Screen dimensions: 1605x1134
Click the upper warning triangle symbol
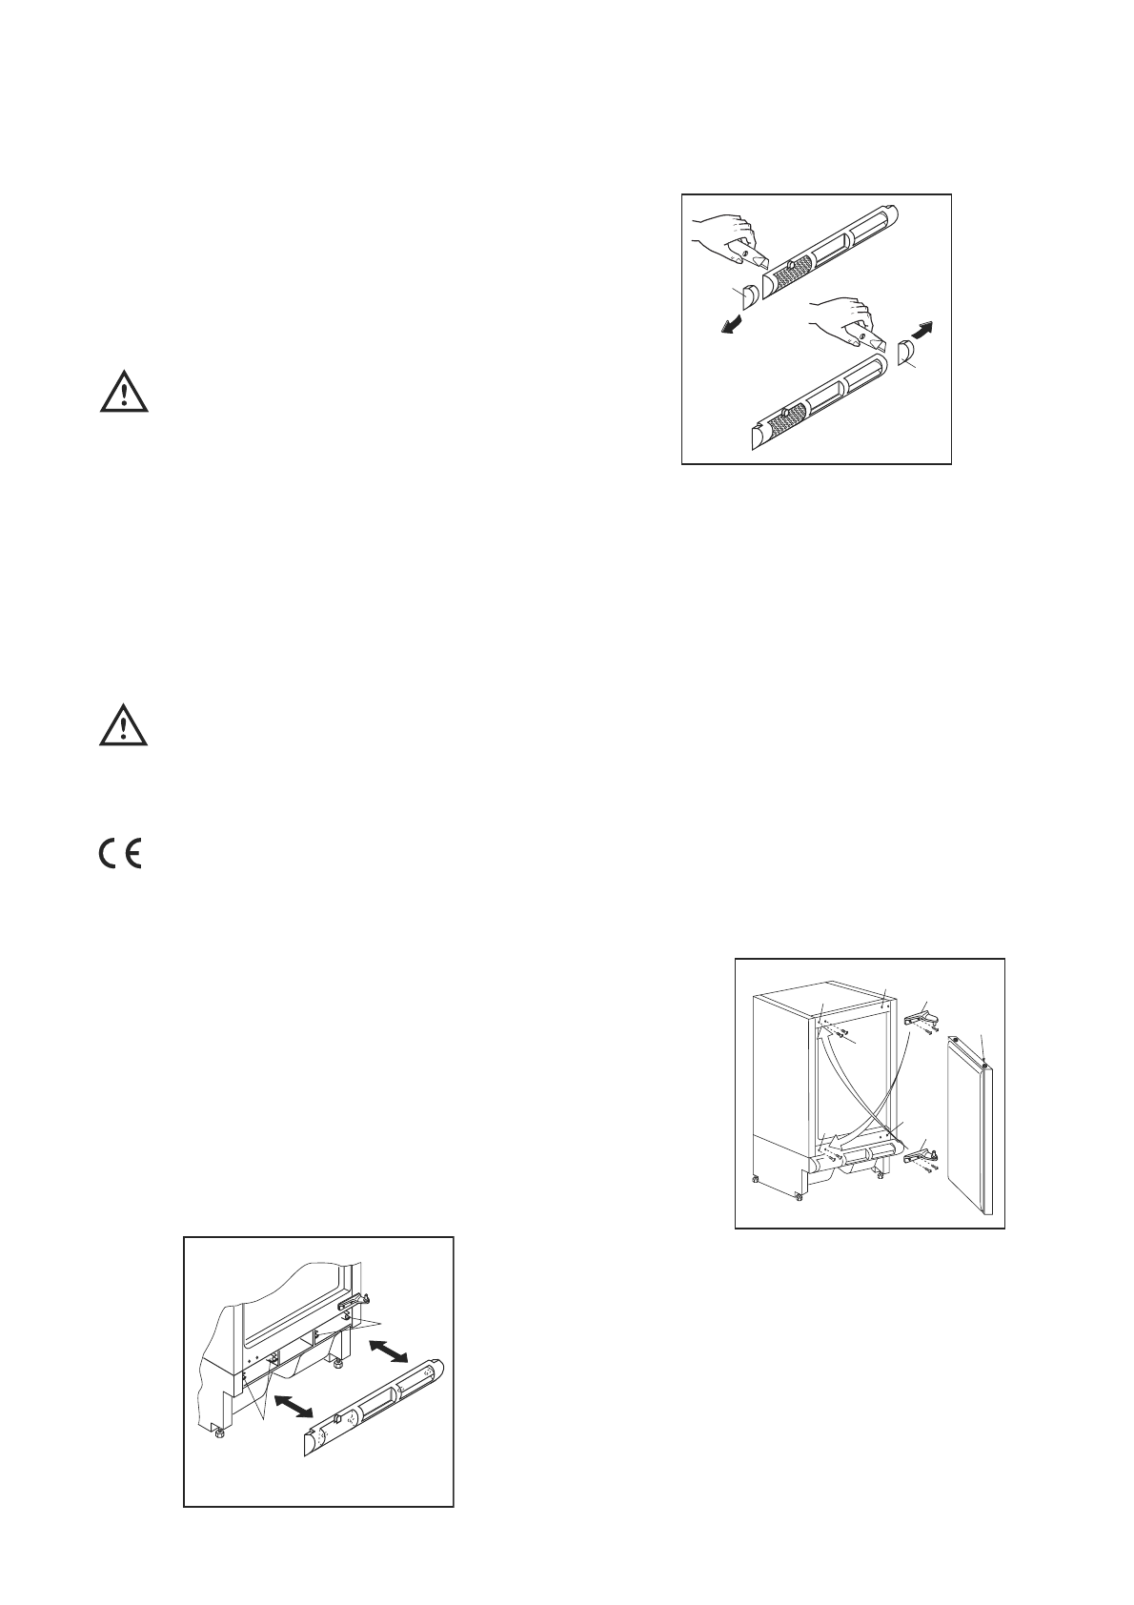tap(124, 393)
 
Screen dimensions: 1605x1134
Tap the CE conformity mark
tap(119, 852)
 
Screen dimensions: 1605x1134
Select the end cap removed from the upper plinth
tap(749, 296)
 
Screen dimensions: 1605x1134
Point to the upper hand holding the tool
tap(724, 234)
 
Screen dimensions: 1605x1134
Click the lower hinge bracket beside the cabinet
tap(921, 1152)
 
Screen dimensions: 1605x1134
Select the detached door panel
tap(972, 1129)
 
